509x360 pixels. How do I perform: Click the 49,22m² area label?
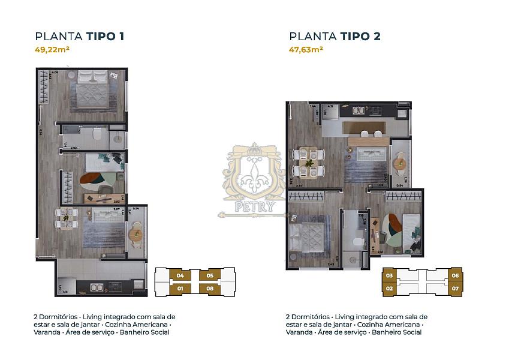point(53,50)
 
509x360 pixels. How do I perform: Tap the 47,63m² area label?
point(306,50)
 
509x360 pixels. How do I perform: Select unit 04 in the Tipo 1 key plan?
point(180,276)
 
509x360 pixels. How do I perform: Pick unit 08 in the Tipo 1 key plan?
point(210,289)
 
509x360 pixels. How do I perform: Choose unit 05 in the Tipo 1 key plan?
point(210,276)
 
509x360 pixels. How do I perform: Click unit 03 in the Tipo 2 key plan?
point(389,276)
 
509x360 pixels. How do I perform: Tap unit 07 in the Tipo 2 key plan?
point(456,289)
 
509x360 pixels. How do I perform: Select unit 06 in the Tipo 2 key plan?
point(456,276)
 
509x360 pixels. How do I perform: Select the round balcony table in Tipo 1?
point(136,235)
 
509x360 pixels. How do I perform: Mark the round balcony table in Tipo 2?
point(399,161)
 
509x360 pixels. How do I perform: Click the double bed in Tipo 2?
point(306,235)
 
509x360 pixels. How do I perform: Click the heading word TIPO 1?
point(106,37)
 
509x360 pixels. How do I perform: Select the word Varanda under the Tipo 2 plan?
point(299,332)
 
